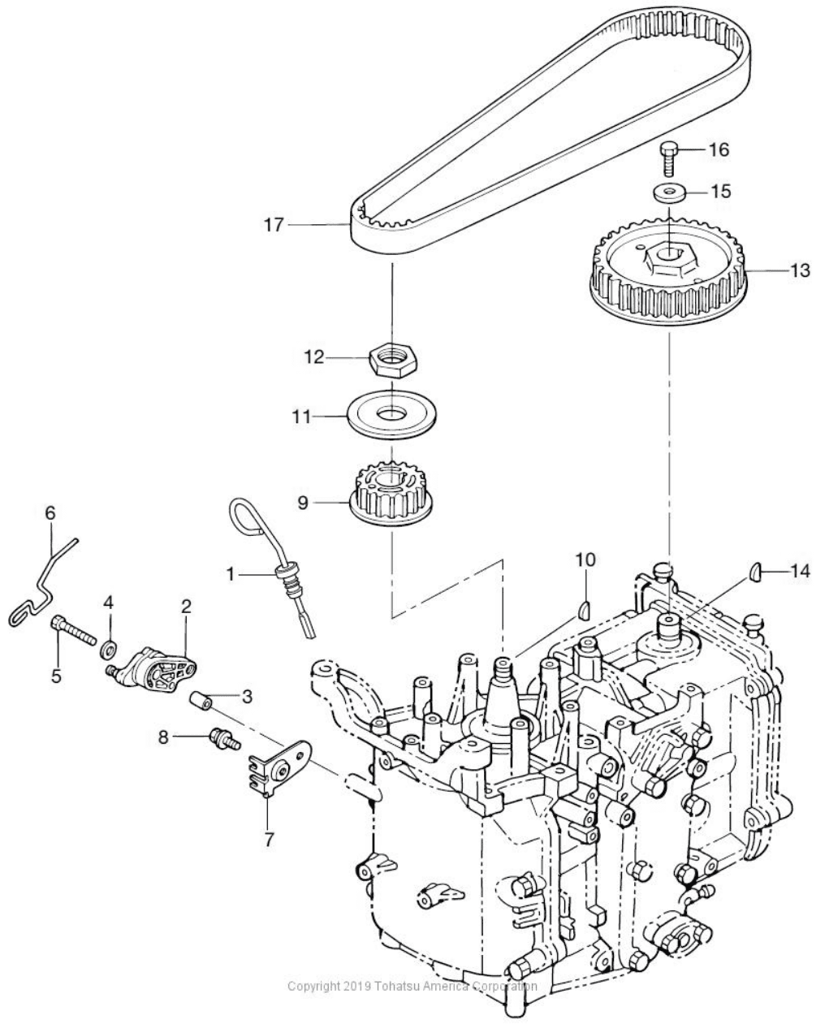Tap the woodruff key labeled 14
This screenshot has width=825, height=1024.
pyautogui.click(x=754, y=572)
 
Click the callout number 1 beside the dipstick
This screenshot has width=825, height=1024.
pyautogui.click(x=231, y=574)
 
